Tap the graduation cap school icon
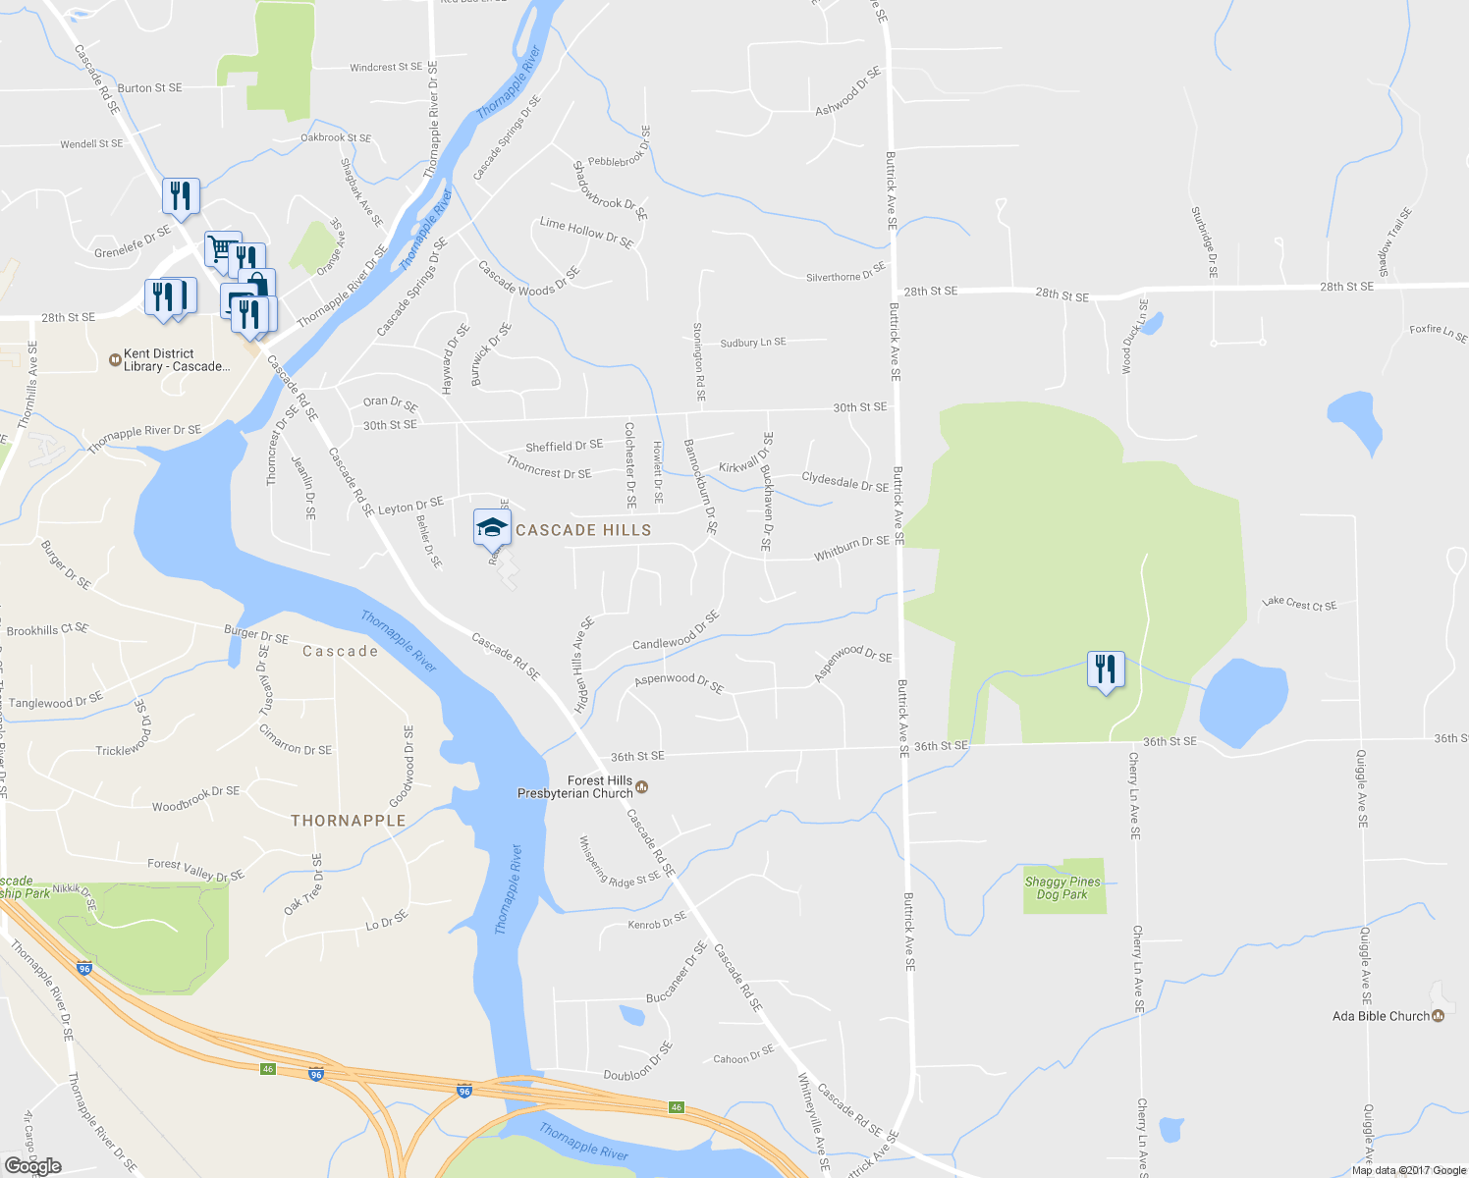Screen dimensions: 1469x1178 [492, 529]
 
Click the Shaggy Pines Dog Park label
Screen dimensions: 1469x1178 [1062, 888]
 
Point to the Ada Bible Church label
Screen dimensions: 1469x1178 [1381, 1016]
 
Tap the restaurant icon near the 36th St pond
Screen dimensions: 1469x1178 [1107, 671]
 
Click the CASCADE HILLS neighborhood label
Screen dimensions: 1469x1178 [583, 530]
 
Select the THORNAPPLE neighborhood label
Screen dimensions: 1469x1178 [348, 821]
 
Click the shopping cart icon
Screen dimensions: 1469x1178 [221, 249]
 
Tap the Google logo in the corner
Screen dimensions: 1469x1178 [32, 1166]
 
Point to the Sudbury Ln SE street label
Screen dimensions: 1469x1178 [753, 343]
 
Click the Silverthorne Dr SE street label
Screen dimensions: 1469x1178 [845, 273]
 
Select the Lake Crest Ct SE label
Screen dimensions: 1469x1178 [1299, 604]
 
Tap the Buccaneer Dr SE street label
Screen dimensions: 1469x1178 [677, 973]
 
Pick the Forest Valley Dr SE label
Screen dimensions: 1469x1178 [195, 870]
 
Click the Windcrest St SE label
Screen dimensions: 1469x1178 [386, 68]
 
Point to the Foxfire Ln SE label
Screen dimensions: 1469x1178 [1438, 333]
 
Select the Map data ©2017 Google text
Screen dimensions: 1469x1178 [1408, 1170]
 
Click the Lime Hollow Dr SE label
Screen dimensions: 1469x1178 [586, 232]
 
